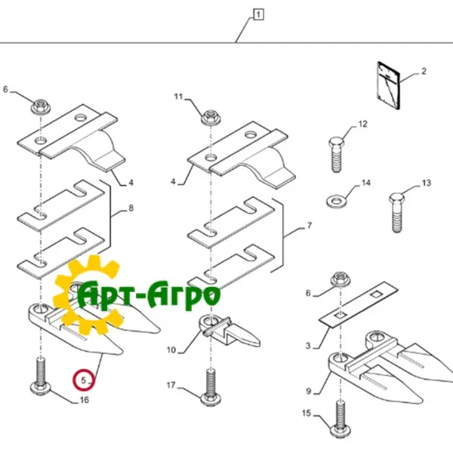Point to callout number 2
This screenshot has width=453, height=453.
pos(424,72)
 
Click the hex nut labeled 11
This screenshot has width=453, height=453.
pos(208,118)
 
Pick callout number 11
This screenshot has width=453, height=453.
pos(179,96)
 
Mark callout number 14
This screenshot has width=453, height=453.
pos(366,183)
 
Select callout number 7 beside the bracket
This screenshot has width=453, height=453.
pos(309,225)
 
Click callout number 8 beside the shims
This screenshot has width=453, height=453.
pos(131,208)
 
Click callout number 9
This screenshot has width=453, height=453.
pos(308,391)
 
